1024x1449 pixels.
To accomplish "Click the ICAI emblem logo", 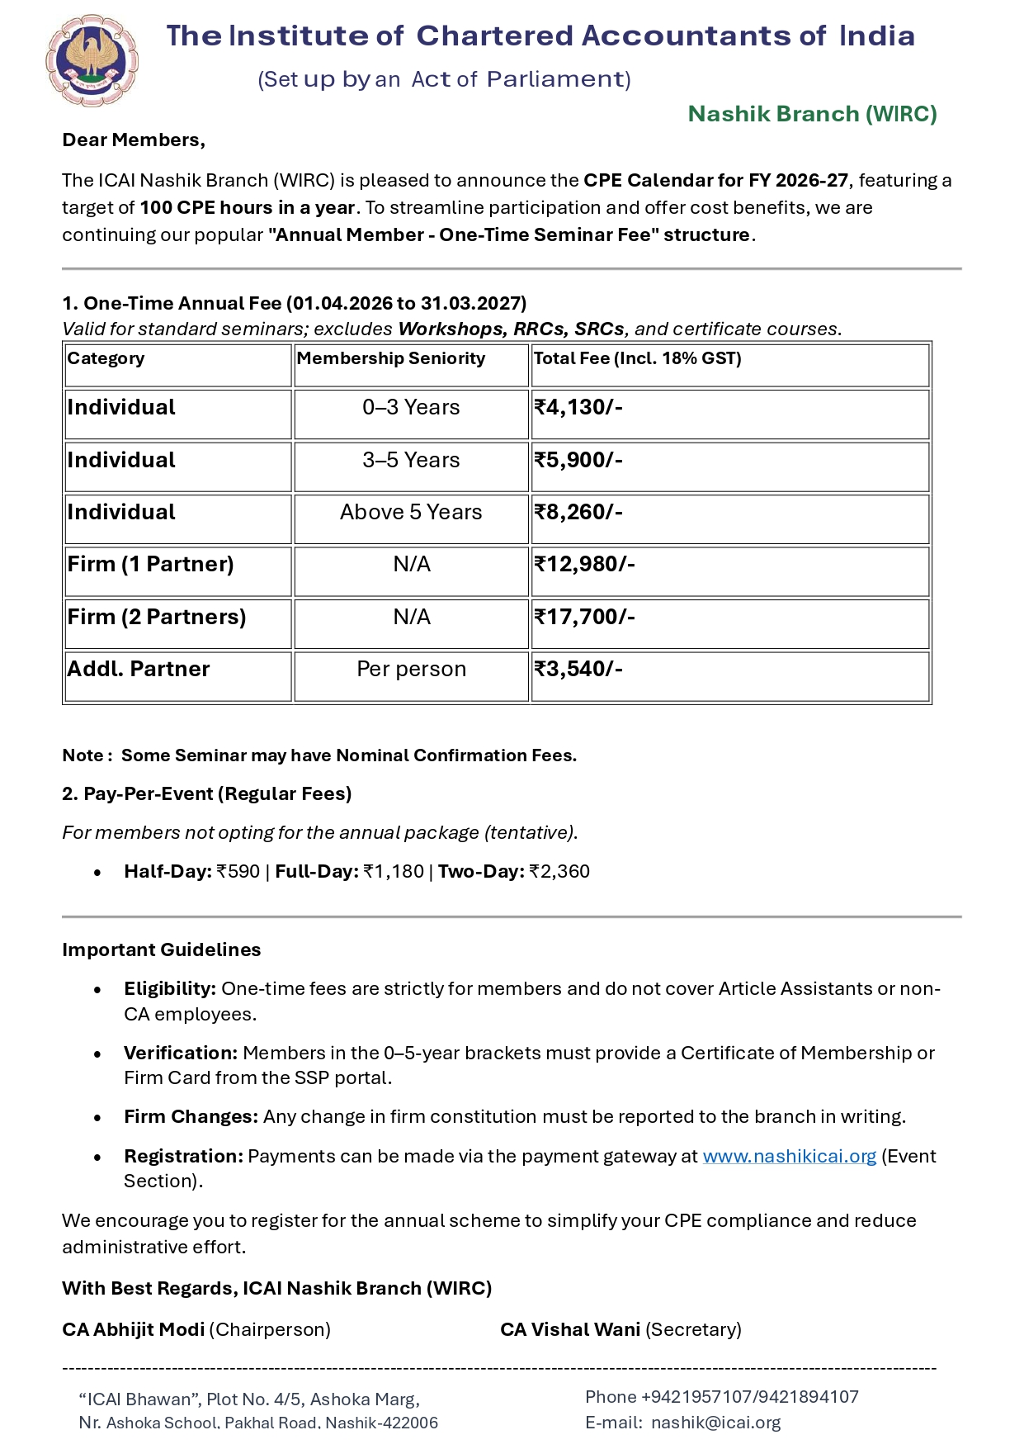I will (x=92, y=60).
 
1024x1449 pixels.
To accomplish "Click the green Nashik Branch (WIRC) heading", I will (x=812, y=114).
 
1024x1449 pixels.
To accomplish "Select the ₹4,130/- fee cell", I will (x=578, y=408).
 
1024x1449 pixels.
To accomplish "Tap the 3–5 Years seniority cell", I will (x=411, y=461).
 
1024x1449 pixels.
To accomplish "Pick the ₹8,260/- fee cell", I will (x=578, y=513).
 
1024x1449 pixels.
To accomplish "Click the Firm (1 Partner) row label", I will (x=150, y=565).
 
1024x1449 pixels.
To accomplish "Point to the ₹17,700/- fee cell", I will (x=584, y=618).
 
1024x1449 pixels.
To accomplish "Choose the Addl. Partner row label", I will (x=138, y=670).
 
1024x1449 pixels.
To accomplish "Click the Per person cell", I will (x=411, y=670).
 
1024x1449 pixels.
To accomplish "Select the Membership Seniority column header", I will (x=391, y=358).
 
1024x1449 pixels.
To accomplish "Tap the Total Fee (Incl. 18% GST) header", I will (x=637, y=358).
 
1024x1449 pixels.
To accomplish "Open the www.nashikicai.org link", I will (x=789, y=1156).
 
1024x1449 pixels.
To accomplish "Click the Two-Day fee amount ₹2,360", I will (x=559, y=872).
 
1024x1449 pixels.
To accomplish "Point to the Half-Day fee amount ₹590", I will (x=238, y=872).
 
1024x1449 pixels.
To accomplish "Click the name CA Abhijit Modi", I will (x=134, y=1329).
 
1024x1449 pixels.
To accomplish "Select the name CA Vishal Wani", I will (x=570, y=1329).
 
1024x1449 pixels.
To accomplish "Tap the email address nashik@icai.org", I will (x=715, y=1423).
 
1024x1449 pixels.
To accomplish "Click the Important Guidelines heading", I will (x=162, y=949).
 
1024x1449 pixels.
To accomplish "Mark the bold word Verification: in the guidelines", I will (x=181, y=1054).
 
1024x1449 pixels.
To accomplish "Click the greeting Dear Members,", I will (x=134, y=140).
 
